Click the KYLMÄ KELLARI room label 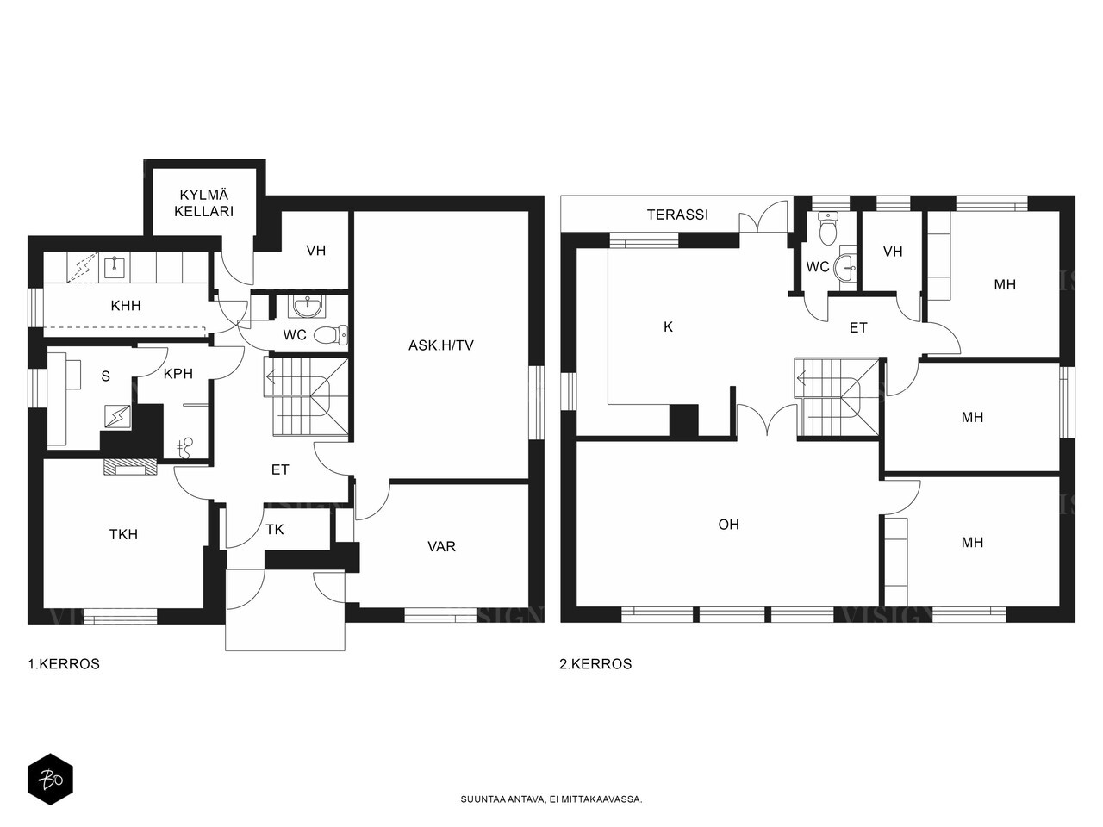tap(204, 202)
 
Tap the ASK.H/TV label tap(440, 345)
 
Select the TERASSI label tap(677, 215)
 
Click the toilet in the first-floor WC tap(331, 334)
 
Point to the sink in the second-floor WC tap(844, 267)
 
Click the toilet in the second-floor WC tap(826, 227)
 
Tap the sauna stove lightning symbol tap(117, 416)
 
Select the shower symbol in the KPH tap(185, 448)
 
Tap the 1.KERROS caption tap(64, 664)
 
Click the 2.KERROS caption tap(595, 664)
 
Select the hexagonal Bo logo tap(50, 780)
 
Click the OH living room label tap(729, 525)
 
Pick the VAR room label tap(441, 546)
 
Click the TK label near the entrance tap(274, 529)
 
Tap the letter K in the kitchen tap(668, 326)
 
